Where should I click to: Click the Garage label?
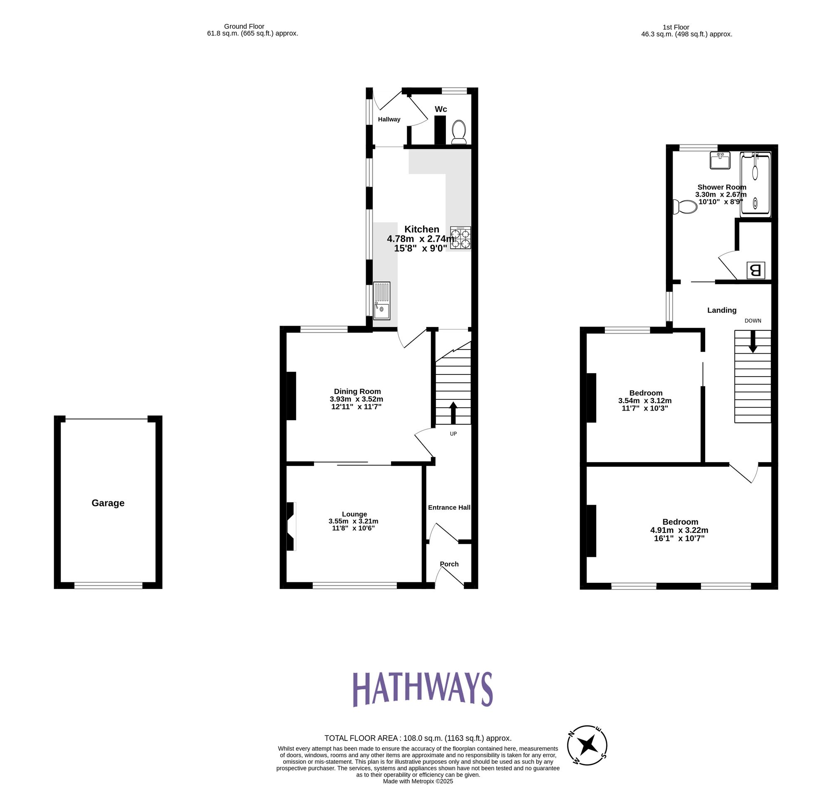pos(108,503)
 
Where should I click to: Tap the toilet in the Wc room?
pos(459,132)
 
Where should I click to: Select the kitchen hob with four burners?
pos(461,238)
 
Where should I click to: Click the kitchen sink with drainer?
pos(382,301)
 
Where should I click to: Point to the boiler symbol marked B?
pos(755,270)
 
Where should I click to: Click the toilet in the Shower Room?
pos(685,207)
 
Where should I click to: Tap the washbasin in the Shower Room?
pos(720,160)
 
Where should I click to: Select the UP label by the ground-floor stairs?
pos(453,434)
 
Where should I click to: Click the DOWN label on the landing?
pos(753,321)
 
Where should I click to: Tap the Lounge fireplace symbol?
pos(291,526)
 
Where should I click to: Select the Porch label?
pos(449,564)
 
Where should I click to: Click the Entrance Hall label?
pos(449,508)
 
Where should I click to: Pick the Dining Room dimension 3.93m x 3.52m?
pos(356,399)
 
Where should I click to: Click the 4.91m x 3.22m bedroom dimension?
pos(679,530)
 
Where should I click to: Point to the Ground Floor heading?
pos(244,26)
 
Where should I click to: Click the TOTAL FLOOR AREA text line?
pos(418,738)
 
